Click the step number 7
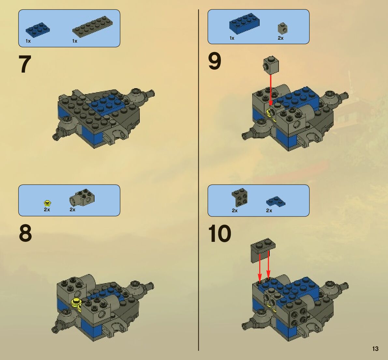pos(25,64)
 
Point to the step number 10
pos(220,233)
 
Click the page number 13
pos(375,349)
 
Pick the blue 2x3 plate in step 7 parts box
pos(37,29)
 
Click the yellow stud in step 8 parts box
pos(47,203)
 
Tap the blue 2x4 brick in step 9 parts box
pos(244,23)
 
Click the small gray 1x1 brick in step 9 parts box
pos(282,28)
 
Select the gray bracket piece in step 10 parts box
pos(240,197)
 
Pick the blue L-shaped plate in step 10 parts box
pos(276,201)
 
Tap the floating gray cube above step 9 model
pos(271,65)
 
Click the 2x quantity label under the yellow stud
pos(47,209)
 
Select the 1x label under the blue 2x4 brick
pos(232,38)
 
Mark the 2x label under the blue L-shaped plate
pos(269,210)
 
